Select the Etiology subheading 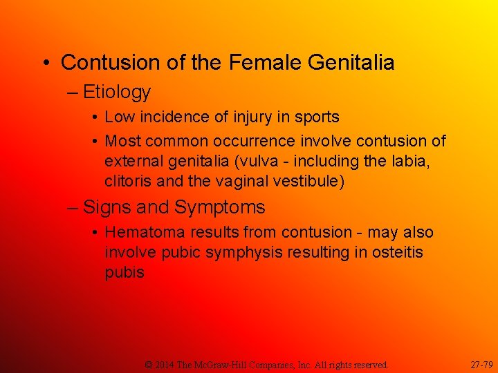pyautogui.click(x=117, y=92)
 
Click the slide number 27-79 pyautogui.click(x=481, y=364)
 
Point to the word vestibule pyautogui.click(x=312, y=181)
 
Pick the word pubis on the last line pyautogui.click(x=124, y=272)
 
